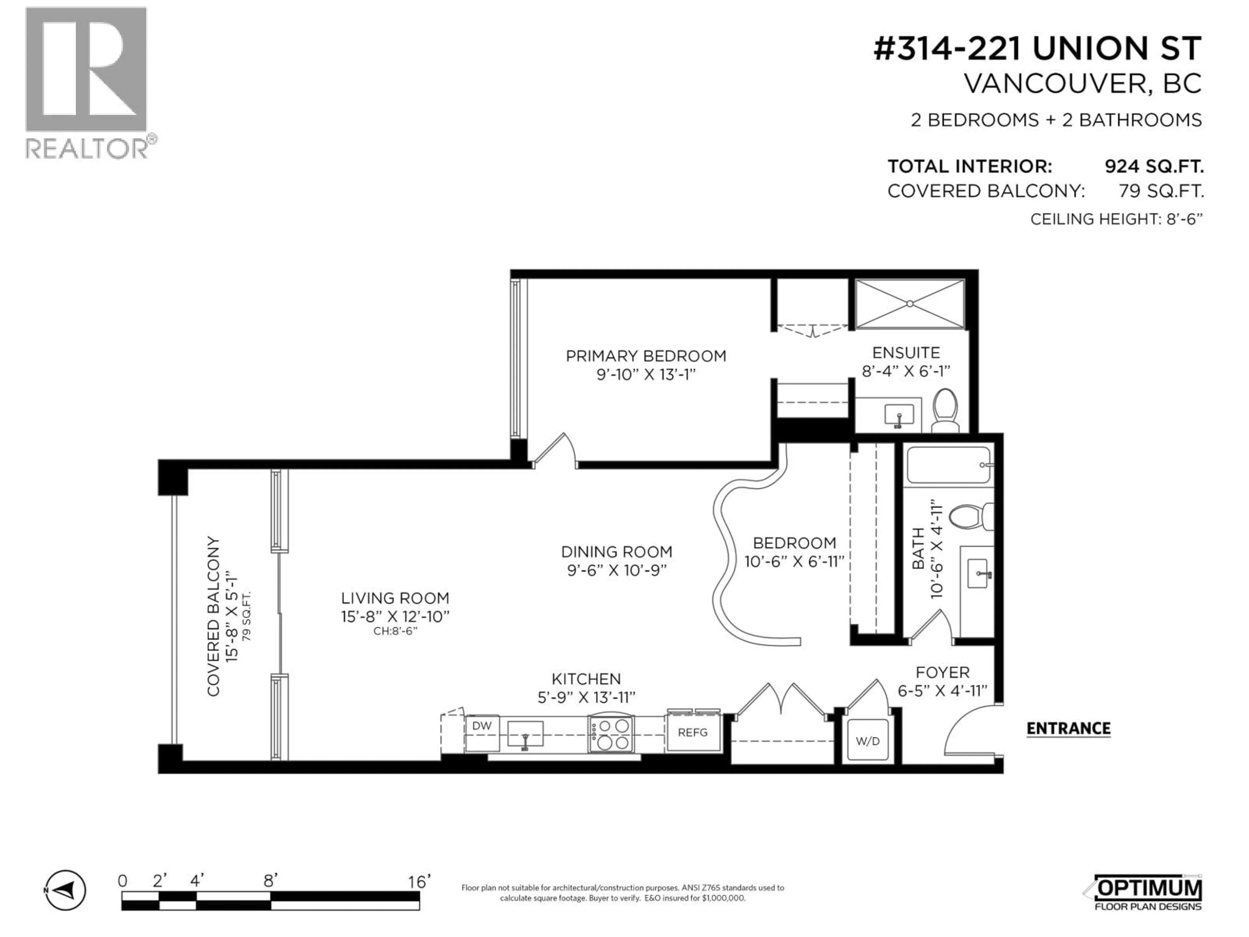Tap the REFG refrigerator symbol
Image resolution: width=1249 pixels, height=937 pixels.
[x=693, y=733]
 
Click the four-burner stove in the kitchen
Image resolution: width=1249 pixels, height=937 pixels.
[x=611, y=734]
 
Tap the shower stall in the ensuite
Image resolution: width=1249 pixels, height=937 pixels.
[x=910, y=304]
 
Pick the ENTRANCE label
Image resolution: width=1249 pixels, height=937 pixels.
[x=1068, y=728]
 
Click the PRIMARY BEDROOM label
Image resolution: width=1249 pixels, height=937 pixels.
[x=646, y=356]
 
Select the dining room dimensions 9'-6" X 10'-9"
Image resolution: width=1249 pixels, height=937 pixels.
[x=617, y=570]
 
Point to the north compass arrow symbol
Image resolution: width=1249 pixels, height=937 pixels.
[x=65, y=891]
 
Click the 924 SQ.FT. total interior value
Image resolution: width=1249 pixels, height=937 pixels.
[x=1154, y=167]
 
